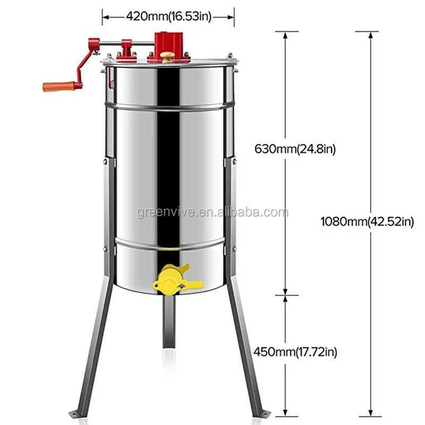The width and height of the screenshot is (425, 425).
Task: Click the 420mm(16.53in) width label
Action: pos(168,16)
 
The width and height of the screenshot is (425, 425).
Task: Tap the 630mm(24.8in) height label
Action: pos(295,149)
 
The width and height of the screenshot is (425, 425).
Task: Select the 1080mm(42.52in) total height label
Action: pos(367,222)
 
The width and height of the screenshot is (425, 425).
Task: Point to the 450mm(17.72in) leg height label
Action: pos(295,352)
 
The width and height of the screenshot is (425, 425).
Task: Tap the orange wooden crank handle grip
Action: pos(59,87)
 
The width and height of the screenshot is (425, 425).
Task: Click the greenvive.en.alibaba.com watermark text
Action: pos(213,212)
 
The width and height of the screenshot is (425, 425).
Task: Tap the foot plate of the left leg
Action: pos(76,415)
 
